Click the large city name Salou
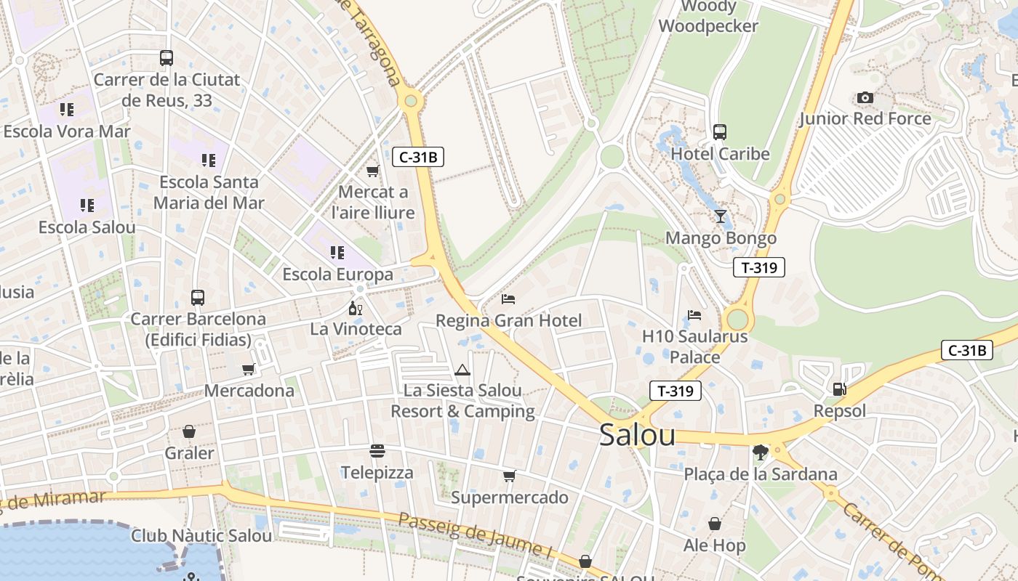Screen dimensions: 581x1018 click(637, 435)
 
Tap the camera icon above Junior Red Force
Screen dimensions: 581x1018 click(865, 98)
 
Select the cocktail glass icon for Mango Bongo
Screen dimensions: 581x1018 click(720, 216)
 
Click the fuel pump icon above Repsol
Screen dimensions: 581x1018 click(839, 389)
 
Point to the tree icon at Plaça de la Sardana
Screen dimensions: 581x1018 click(761, 452)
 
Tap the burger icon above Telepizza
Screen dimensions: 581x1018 click(377, 451)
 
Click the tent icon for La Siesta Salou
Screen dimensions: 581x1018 click(462, 370)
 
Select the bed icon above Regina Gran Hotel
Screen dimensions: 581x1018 click(508, 298)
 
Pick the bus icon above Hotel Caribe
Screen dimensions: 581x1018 click(720, 132)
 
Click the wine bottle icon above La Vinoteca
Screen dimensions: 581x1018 click(356, 308)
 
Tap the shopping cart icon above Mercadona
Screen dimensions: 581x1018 click(249, 370)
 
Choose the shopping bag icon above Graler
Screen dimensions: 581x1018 click(189, 431)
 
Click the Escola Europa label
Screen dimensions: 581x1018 click(337, 275)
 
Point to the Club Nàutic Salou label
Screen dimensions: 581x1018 click(201, 536)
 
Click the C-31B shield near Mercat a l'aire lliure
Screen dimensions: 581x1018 click(418, 157)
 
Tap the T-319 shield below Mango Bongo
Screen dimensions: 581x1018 click(759, 267)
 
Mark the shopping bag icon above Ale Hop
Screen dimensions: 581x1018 click(715, 524)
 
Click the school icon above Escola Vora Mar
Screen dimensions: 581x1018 click(67, 110)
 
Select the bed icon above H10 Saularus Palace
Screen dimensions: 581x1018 click(694, 315)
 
